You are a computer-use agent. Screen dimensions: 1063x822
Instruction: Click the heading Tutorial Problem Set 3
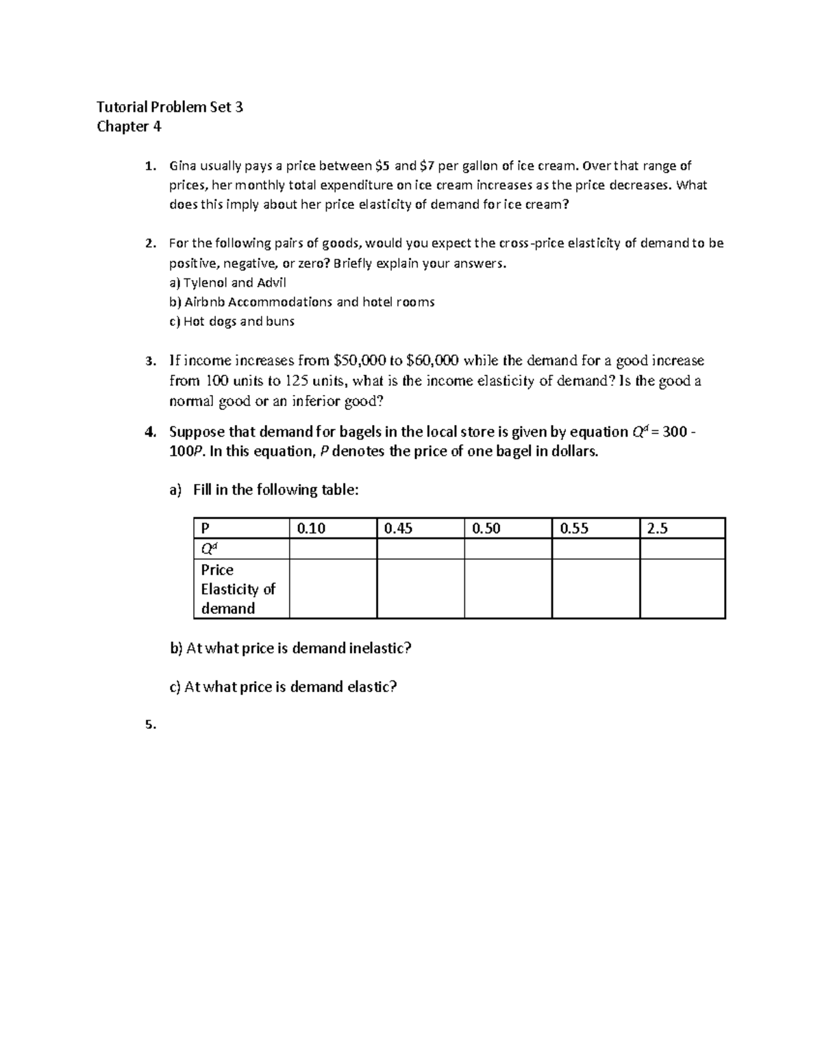(x=170, y=107)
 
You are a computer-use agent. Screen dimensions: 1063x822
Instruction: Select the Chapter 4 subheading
(x=129, y=127)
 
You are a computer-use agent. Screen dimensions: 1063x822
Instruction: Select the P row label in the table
(x=205, y=528)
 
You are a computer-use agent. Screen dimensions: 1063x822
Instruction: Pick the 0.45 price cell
(x=399, y=528)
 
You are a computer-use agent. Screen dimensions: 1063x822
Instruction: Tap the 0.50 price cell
(x=486, y=528)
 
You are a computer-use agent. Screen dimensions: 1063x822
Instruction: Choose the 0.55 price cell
(x=574, y=528)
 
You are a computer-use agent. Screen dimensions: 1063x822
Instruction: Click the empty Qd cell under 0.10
(x=333, y=549)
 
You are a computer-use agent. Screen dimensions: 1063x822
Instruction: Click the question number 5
(x=150, y=726)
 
